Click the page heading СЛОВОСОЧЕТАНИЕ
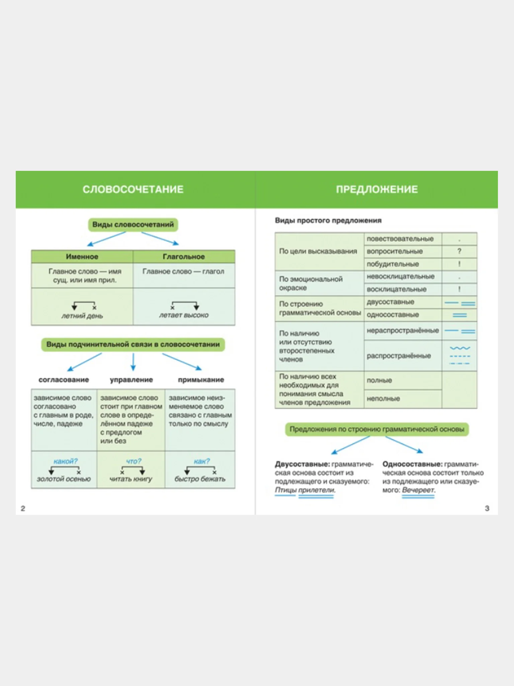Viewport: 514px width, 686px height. pyautogui.click(x=133, y=190)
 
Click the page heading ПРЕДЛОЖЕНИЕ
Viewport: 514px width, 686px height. pyautogui.click(x=377, y=190)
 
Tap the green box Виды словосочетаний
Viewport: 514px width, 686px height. pyautogui.click(x=133, y=225)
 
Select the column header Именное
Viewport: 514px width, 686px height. pyautogui.click(x=82, y=257)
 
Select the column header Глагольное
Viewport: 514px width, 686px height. pyautogui.click(x=184, y=257)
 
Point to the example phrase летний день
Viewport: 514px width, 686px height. pyautogui.click(x=82, y=316)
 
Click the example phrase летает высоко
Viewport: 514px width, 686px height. pyautogui.click(x=184, y=315)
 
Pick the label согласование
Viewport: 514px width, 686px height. pyautogui.click(x=64, y=380)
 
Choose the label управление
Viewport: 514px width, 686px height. pyautogui.click(x=131, y=380)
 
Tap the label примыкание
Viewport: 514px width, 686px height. pyautogui.click(x=201, y=380)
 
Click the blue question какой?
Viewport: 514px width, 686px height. pyautogui.click(x=66, y=461)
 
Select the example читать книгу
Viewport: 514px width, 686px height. pyautogui.click(x=131, y=479)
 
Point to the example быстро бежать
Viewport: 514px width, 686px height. pyautogui.click(x=200, y=479)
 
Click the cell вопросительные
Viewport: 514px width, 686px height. pyautogui.click(x=395, y=252)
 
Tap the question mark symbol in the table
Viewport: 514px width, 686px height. pyautogui.click(x=459, y=251)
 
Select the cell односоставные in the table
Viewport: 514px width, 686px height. pyautogui.click(x=393, y=315)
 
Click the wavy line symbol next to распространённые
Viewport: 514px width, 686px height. pyautogui.click(x=460, y=349)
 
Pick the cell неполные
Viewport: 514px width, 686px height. pyautogui.click(x=383, y=399)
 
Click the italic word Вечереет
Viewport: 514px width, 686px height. pyautogui.click(x=418, y=490)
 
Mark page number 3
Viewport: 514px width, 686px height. pyautogui.click(x=487, y=508)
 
